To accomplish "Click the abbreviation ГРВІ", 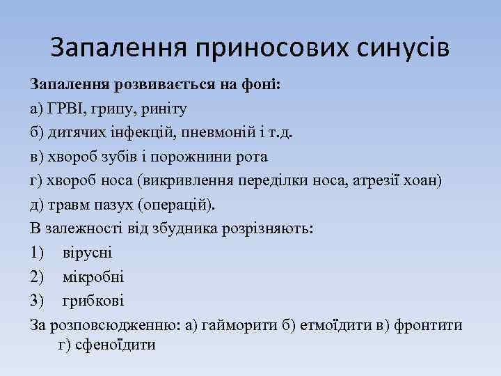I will pos(67,109).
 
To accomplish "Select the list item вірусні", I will pos(87,253).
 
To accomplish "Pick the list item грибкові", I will pos(93,301).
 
